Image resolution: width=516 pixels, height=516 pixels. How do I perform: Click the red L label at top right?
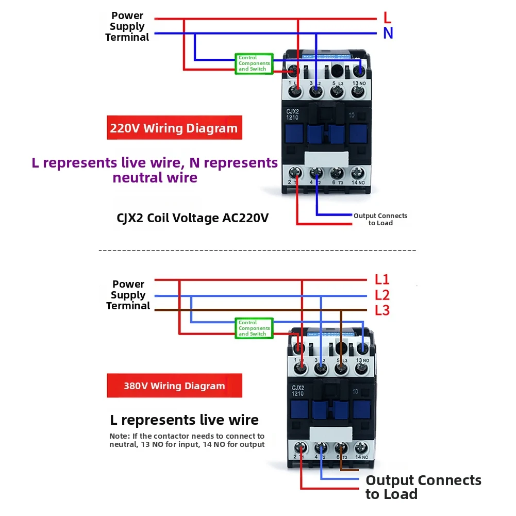[387, 18]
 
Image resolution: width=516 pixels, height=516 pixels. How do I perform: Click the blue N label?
[388, 34]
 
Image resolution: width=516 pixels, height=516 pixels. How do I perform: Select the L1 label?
[382, 280]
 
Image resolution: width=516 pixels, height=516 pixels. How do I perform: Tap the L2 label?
[382, 295]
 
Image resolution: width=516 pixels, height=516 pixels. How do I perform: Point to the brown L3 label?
[382, 310]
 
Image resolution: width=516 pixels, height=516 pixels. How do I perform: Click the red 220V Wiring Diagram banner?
[174, 128]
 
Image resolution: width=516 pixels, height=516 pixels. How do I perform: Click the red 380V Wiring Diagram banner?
[174, 386]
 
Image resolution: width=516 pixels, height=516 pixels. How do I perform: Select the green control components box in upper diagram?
[254, 63]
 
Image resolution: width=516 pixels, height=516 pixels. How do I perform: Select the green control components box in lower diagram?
[254, 328]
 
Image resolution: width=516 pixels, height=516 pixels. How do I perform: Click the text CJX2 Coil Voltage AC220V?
[193, 218]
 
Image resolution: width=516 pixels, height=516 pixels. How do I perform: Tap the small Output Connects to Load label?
[380, 219]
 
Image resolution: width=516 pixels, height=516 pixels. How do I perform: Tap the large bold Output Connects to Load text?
[423, 487]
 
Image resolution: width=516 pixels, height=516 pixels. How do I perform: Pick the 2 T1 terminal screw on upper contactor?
[296, 173]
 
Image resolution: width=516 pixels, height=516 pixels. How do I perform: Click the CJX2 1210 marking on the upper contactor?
[293, 113]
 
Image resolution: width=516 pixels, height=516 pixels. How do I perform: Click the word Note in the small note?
[119, 436]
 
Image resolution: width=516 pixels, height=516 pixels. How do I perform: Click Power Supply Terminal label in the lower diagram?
[128, 295]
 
